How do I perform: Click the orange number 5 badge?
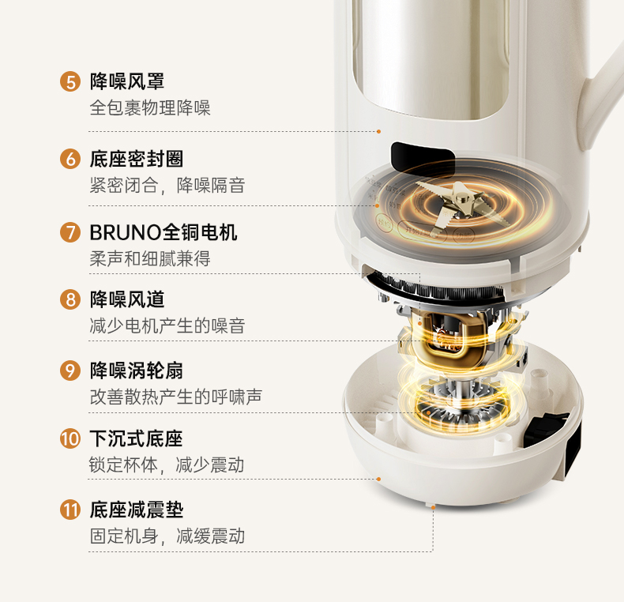coord(70,81)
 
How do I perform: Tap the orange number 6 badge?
coord(70,159)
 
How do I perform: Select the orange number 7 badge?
coord(70,231)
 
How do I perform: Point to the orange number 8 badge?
coord(70,299)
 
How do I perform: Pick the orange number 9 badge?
coord(70,371)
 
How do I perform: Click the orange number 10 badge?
coord(70,438)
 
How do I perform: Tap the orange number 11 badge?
coord(70,510)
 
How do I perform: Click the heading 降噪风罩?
coord(127,81)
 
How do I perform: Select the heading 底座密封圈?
coord(137,159)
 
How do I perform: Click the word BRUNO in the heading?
coord(125,232)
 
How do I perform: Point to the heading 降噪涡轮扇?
coord(137,371)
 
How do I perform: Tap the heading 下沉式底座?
coord(137,438)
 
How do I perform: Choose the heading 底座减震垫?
coord(137,510)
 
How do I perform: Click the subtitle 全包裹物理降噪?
coord(150,107)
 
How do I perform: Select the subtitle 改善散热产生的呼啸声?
coord(176,397)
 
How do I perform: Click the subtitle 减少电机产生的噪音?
coord(167,325)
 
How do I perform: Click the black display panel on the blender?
coord(423,156)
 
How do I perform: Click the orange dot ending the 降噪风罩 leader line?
coord(379,131)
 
